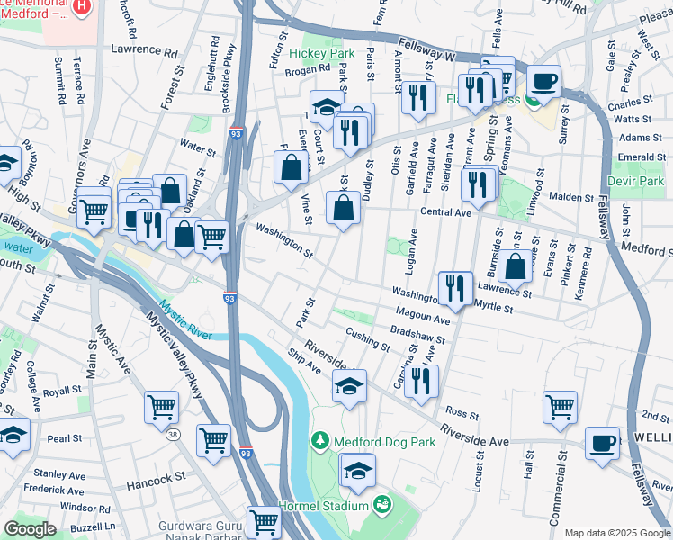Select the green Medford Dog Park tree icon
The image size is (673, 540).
coord(319,440)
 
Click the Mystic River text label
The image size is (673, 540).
coord(187,321)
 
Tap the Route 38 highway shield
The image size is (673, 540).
coord(170,436)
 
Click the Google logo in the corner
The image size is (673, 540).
coord(30,528)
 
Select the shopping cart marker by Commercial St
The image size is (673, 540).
coord(560,406)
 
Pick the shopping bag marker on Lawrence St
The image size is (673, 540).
coord(516,266)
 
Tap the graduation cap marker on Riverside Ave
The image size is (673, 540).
coord(350,386)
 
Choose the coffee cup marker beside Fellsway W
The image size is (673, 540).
coord(543,81)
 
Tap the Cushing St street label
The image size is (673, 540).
coord(367,339)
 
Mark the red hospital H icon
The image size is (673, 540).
coord(82,7)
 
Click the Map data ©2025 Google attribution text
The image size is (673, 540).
coord(616,533)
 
